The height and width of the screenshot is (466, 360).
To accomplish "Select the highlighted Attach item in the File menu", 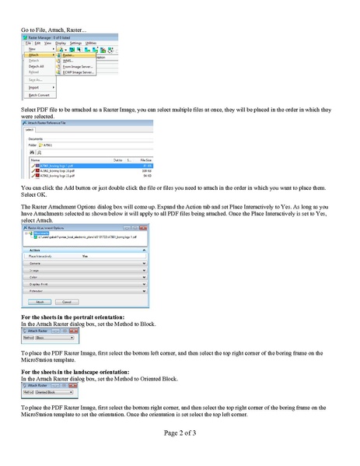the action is point(37,55).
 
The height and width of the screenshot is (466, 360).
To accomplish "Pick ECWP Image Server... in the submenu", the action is point(79,74).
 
